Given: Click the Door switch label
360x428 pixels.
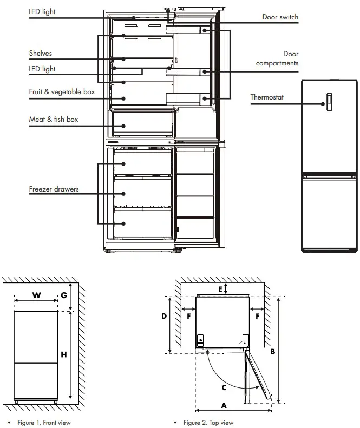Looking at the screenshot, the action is coord(280,17).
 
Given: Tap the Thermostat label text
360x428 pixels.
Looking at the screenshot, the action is coord(267,97).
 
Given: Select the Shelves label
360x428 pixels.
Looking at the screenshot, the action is coord(41,53).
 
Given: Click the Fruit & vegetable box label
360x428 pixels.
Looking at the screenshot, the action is coord(62,92).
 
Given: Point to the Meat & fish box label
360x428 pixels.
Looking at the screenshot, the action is coord(54,119).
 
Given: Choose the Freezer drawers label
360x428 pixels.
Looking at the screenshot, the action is coord(54,189).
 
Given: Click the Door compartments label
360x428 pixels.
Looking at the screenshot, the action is coord(277,58).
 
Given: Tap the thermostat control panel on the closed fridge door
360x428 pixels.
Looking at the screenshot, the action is coord(329,102).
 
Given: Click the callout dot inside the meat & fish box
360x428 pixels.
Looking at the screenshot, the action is coord(123,126).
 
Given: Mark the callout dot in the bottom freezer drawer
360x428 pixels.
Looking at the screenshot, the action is coord(123,223).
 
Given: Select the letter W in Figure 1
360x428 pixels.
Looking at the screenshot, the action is coord(37,295).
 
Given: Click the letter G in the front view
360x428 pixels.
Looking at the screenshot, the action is coord(64,295).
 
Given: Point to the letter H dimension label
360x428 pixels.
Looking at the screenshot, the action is coord(64,354).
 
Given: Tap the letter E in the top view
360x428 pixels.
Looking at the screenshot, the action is coord(220,289).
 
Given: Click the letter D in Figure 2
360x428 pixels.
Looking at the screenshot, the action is coord(164,316).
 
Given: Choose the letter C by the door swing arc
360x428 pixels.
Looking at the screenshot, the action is coord(224,387).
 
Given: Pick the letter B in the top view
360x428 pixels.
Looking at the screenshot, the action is coord(273,352).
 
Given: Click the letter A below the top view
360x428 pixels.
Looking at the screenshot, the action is coord(224,406).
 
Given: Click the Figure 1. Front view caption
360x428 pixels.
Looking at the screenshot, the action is coord(44,423).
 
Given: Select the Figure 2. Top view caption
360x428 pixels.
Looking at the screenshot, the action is coord(208,423).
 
